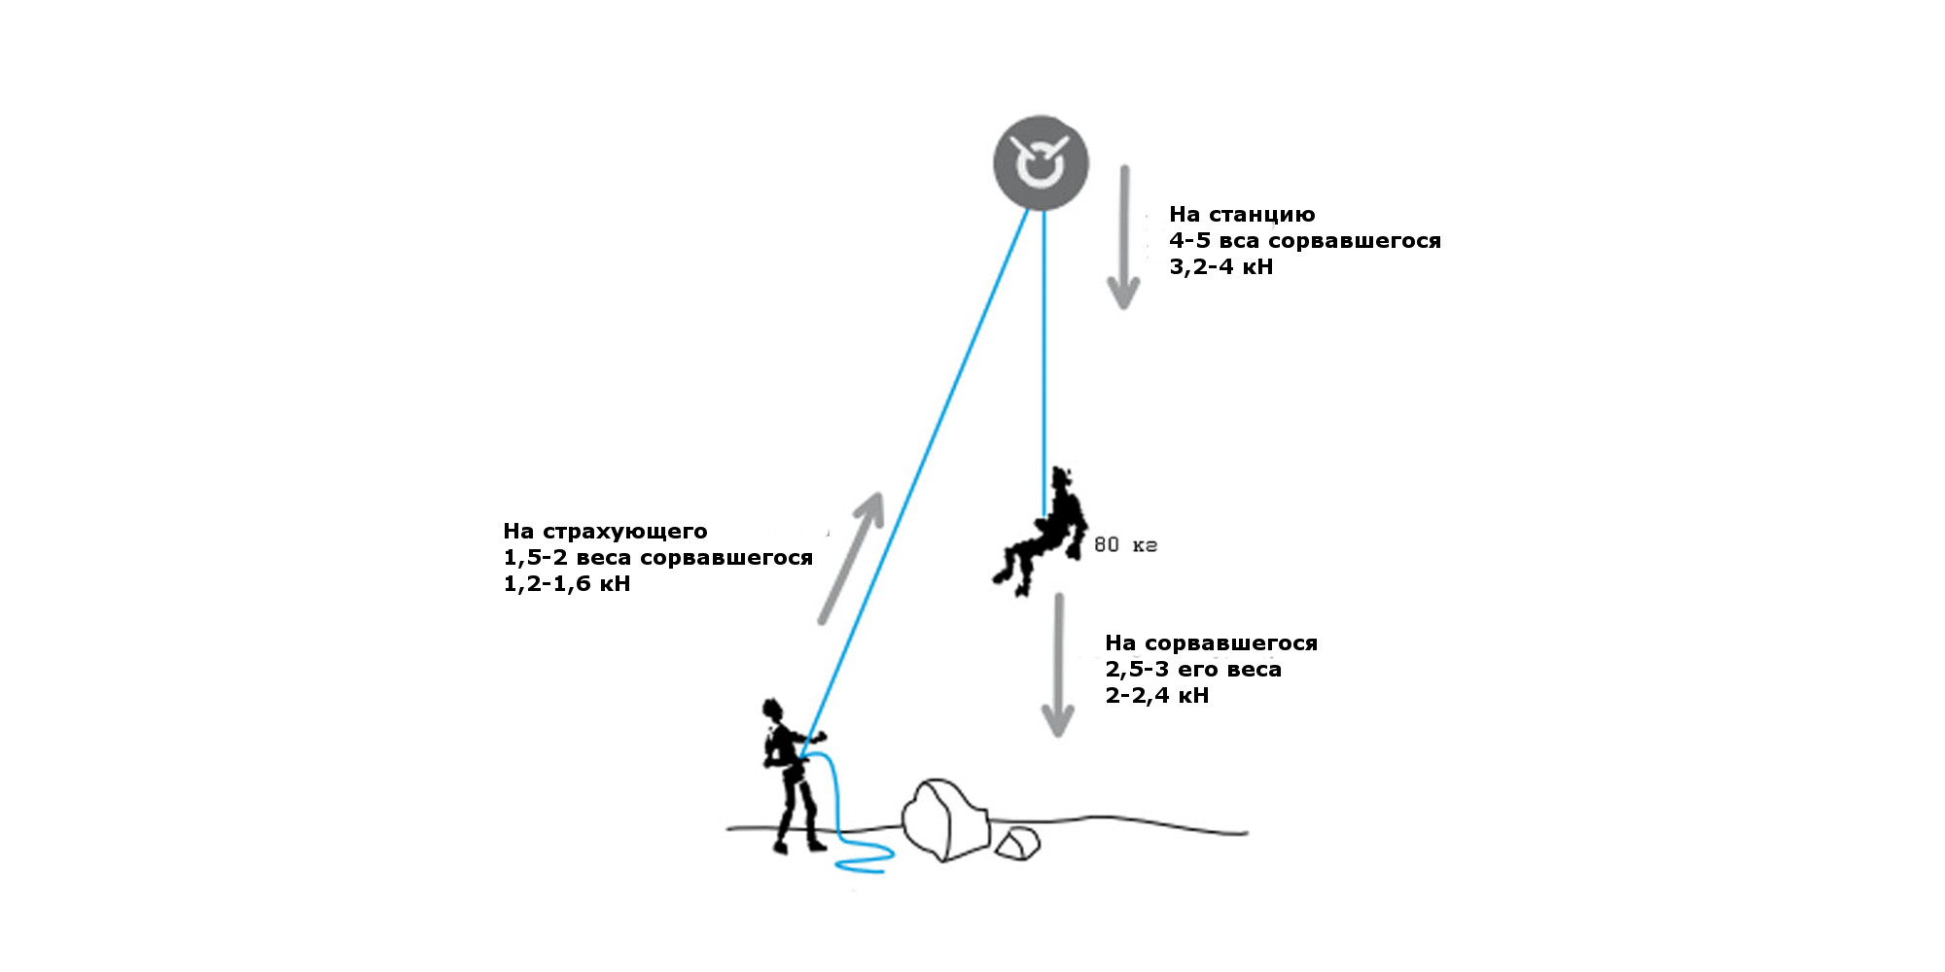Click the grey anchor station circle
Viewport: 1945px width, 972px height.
[x=1041, y=163]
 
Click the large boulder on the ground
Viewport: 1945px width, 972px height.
[x=945, y=819]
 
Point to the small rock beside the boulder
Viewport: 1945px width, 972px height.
[x=1017, y=843]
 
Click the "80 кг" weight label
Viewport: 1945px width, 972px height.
[x=1125, y=545]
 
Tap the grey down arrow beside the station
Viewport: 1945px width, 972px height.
[x=1124, y=237]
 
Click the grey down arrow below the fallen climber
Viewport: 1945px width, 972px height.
[x=1058, y=665]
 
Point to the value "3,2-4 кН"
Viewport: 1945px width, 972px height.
[x=1220, y=267]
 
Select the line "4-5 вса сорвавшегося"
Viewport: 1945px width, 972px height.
[x=1305, y=241]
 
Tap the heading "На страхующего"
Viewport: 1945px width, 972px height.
[x=605, y=532]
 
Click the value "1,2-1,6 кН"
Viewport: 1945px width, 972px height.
[x=567, y=584]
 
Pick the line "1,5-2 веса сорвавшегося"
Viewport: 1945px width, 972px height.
[x=657, y=558]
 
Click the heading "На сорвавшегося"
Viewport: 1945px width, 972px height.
[x=1211, y=643]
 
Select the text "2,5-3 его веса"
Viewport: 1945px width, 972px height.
[x=1193, y=670]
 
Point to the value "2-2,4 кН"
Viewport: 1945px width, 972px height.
[x=1156, y=696]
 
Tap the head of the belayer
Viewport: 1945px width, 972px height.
[x=773, y=710]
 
